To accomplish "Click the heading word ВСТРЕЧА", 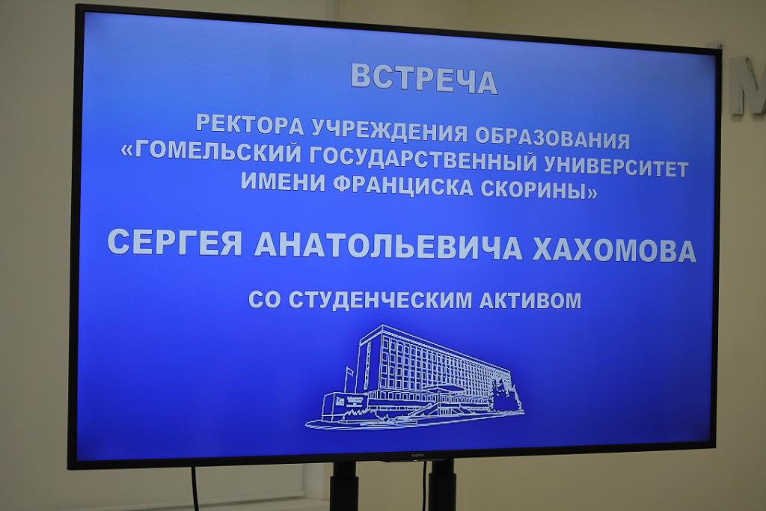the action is (x=424, y=79).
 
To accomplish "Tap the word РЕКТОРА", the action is (x=249, y=125).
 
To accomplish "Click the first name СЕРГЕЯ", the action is (x=175, y=242).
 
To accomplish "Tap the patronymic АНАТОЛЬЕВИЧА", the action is (x=389, y=246).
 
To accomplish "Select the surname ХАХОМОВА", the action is (x=614, y=250).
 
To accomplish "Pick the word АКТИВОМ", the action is (x=530, y=301).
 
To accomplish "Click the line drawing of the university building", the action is (x=414, y=378).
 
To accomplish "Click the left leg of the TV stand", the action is (x=344, y=486).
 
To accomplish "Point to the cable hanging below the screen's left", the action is (x=195, y=489).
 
